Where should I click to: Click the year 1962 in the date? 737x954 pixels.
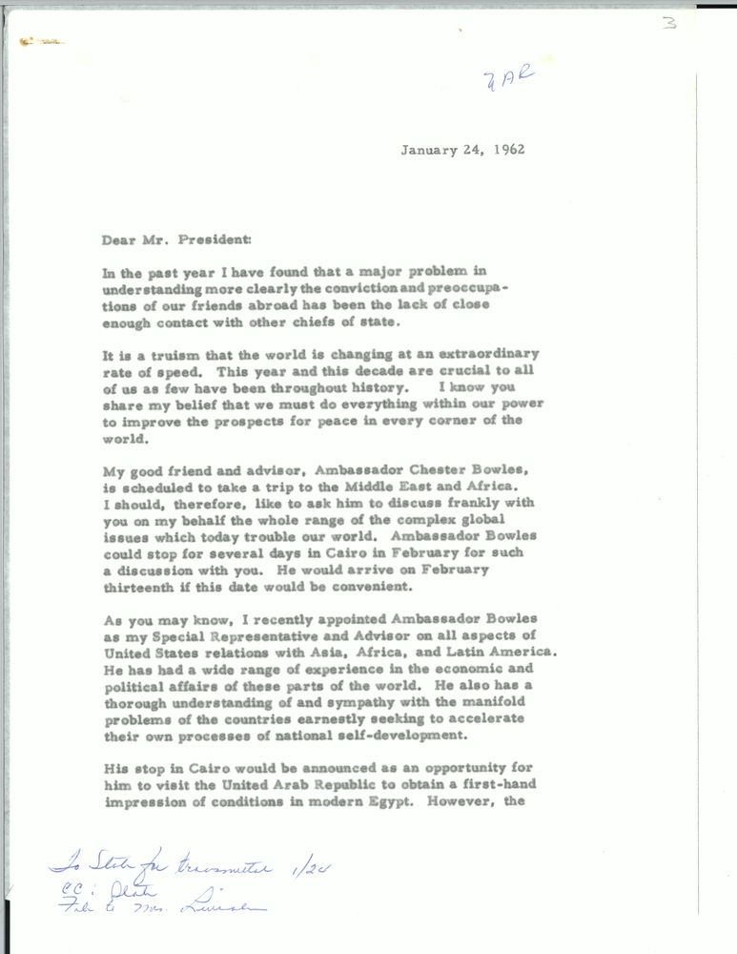tap(507, 149)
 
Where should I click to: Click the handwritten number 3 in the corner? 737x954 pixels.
tap(669, 23)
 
